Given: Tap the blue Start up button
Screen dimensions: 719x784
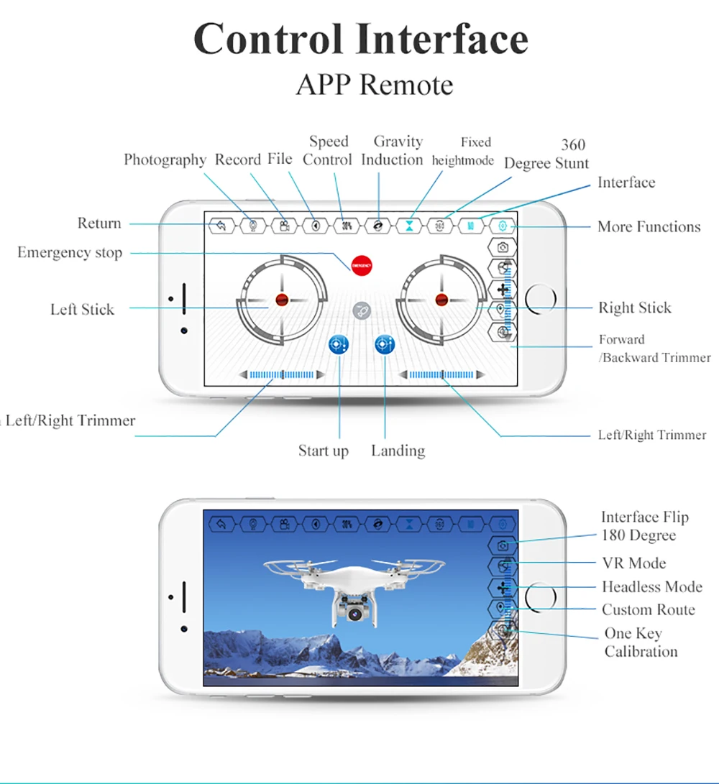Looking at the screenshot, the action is click(x=338, y=345).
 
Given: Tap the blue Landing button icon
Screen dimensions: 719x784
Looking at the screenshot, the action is click(x=385, y=345).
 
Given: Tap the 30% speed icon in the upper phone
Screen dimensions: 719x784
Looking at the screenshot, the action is click(x=347, y=226).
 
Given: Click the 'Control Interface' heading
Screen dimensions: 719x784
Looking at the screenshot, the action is click(x=361, y=39).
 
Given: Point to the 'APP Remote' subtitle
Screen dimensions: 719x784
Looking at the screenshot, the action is click(x=375, y=85).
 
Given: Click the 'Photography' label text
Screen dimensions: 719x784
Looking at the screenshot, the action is click(x=165, y=160).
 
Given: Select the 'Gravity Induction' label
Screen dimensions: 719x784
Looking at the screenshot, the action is click(x=393, y=150).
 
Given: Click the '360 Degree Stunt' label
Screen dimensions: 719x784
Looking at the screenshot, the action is click(x=546, y=154).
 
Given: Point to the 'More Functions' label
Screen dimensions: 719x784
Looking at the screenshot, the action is click(x=649, y=226).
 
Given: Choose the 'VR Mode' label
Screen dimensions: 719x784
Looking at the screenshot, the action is click(x=633, y=563).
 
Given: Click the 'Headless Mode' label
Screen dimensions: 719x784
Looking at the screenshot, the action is click(x=651, y=586).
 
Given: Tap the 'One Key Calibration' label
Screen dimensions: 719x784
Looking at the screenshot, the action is click(x=640, y=642).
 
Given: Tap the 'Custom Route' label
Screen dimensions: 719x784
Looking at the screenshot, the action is click(x=648, y=609).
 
